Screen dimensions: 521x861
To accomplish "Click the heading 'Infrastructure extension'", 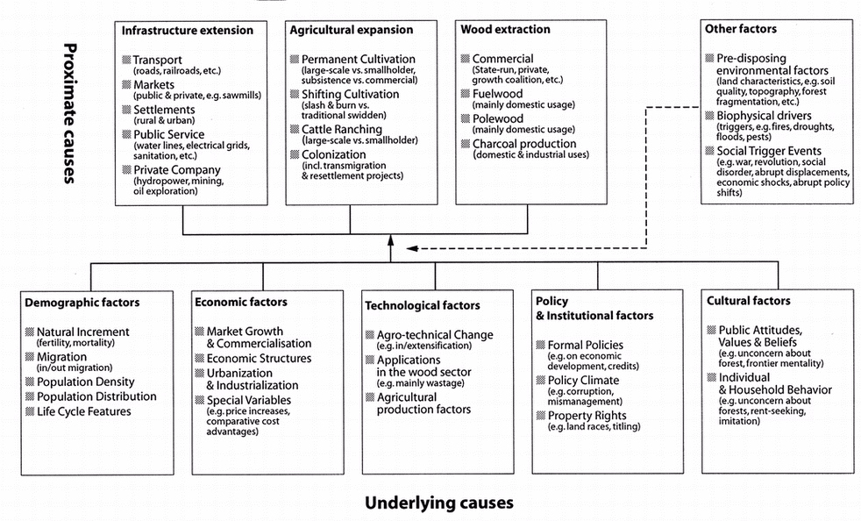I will tap(187, 31).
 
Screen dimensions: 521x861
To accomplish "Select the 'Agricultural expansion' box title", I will tap(351, 31).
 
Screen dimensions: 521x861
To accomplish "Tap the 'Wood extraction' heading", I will tap(505, 30).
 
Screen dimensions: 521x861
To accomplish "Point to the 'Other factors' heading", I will tap(740, 30).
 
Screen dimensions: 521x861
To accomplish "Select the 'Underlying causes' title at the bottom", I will tap(438, 503).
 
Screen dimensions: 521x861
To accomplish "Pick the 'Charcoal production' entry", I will tap(524, 144).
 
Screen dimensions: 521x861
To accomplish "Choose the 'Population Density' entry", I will tap(86, 382).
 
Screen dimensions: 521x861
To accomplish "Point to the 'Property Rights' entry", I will tap(587, 416).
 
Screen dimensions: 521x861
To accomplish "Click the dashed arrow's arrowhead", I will tap(413, 248).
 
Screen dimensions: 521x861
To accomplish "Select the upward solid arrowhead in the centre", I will tap(392, 242).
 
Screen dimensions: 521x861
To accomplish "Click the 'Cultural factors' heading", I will tap(749, 301).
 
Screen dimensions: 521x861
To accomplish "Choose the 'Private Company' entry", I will tap(176, 170).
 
